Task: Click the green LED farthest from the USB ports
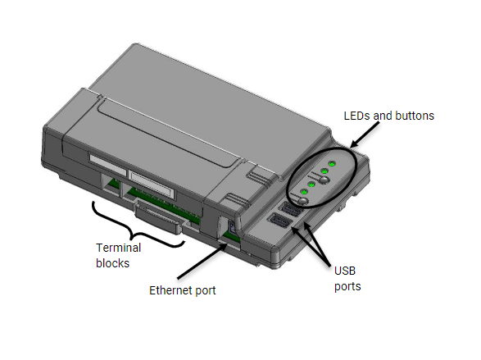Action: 332,164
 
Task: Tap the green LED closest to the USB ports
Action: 304,192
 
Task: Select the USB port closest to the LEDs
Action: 289,210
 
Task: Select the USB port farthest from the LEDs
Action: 279,221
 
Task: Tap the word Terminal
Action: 119,248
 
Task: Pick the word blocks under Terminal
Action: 112,263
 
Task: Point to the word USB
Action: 345,271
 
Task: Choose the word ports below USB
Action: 347,287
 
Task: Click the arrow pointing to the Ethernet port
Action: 202,261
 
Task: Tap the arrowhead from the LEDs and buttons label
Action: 354,144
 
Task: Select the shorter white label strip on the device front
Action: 107,165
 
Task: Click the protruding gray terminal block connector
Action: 158,216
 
